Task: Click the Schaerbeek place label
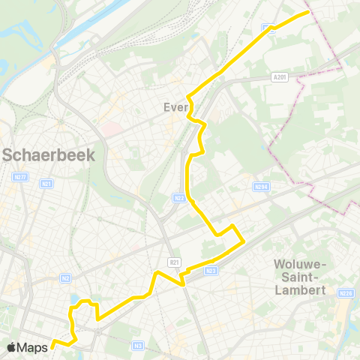point(49,155)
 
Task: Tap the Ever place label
point(175,107)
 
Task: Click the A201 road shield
point(280,76)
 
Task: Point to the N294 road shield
point(259,187)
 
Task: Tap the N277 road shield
point(19,178)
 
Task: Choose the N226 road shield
point(346,293)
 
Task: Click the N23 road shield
point(211,270)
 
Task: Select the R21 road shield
point(175,262)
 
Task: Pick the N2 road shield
point(66,277)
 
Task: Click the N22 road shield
point(178,198)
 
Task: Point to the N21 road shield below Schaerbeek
point(48,183)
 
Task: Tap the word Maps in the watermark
point(33,347)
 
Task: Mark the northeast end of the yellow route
point(308,12)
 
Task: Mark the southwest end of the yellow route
point(52,346)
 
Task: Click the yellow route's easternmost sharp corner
point(244,241)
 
